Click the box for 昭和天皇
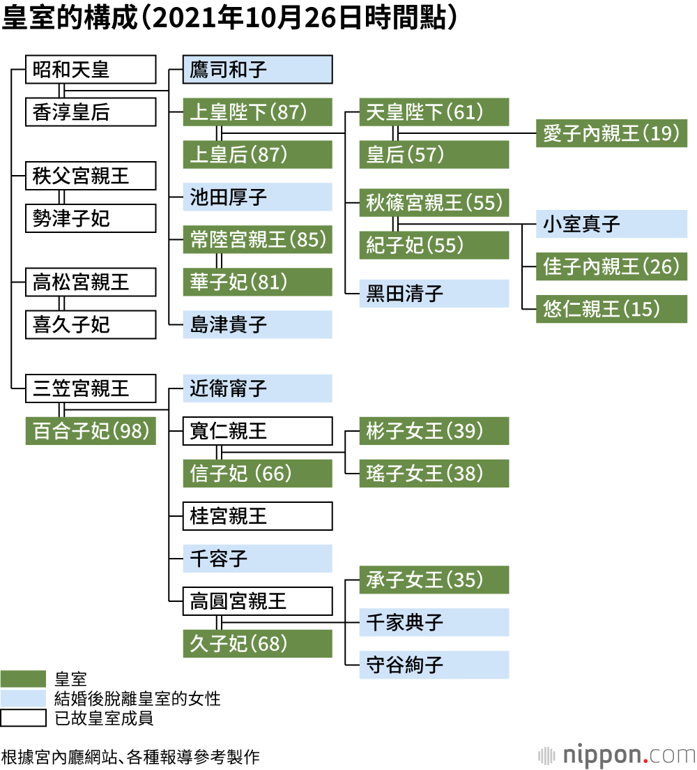pos(91,70)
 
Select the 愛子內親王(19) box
pos(611,133)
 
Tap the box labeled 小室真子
pos(611,224)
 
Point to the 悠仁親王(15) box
pos(611,309)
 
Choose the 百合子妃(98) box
pos(91,431)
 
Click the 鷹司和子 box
pos(257,70)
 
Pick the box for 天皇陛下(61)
pos(434,112)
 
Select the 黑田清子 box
pos(434,294)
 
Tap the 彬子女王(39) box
pos(434,431)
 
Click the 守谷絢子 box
pos(434,665)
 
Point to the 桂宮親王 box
pos(257,516)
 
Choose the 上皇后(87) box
pos(257,155)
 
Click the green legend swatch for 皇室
pos(22,679)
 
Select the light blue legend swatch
pos(22,698)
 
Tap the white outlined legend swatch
pos(22,718)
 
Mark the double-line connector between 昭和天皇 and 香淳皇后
pos(62,91)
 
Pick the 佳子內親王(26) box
pos(611,266)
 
